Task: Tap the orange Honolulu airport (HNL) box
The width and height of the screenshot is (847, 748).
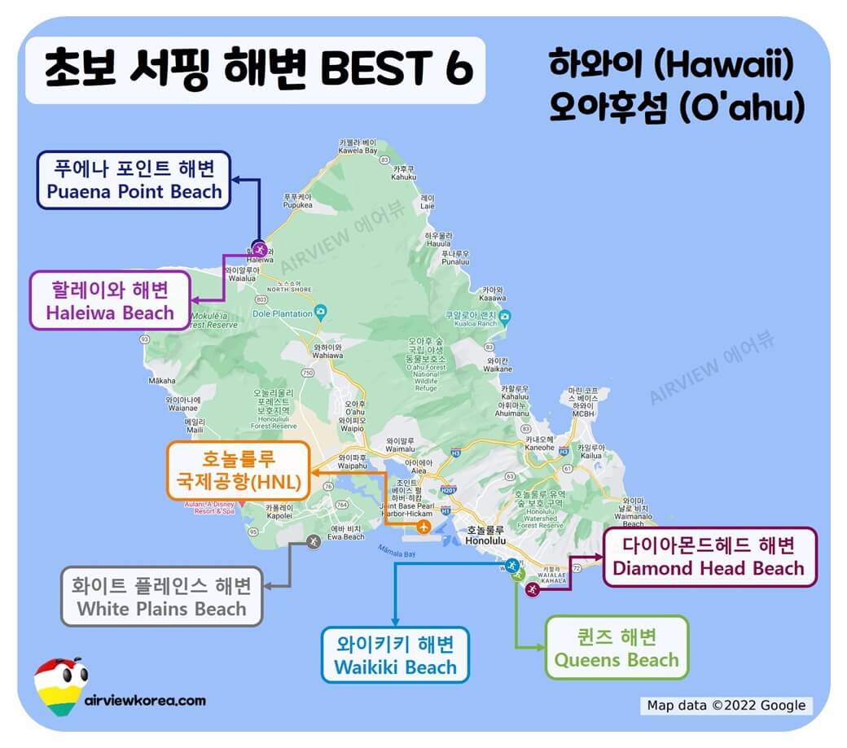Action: click(238, 471)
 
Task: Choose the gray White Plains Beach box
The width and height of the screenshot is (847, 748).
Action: click(161, 597)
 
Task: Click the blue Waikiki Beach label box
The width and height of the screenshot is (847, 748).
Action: click(396, 655)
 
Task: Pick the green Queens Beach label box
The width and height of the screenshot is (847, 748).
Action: click(617, 647)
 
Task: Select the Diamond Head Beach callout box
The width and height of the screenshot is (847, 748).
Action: click(709, 557)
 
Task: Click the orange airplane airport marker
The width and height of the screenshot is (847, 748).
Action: click(423, 527)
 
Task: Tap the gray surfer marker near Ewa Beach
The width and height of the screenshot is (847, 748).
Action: click(313, 540)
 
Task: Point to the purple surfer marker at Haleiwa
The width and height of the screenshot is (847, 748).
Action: click(260, 248)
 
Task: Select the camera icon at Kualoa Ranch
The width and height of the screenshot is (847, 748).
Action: click(506, 317)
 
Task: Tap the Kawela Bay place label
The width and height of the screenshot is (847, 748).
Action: click(358, 146)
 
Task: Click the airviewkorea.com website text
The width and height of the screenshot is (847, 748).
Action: click(145, 700)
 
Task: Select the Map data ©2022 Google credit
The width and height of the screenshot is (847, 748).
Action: click(726, 706)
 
